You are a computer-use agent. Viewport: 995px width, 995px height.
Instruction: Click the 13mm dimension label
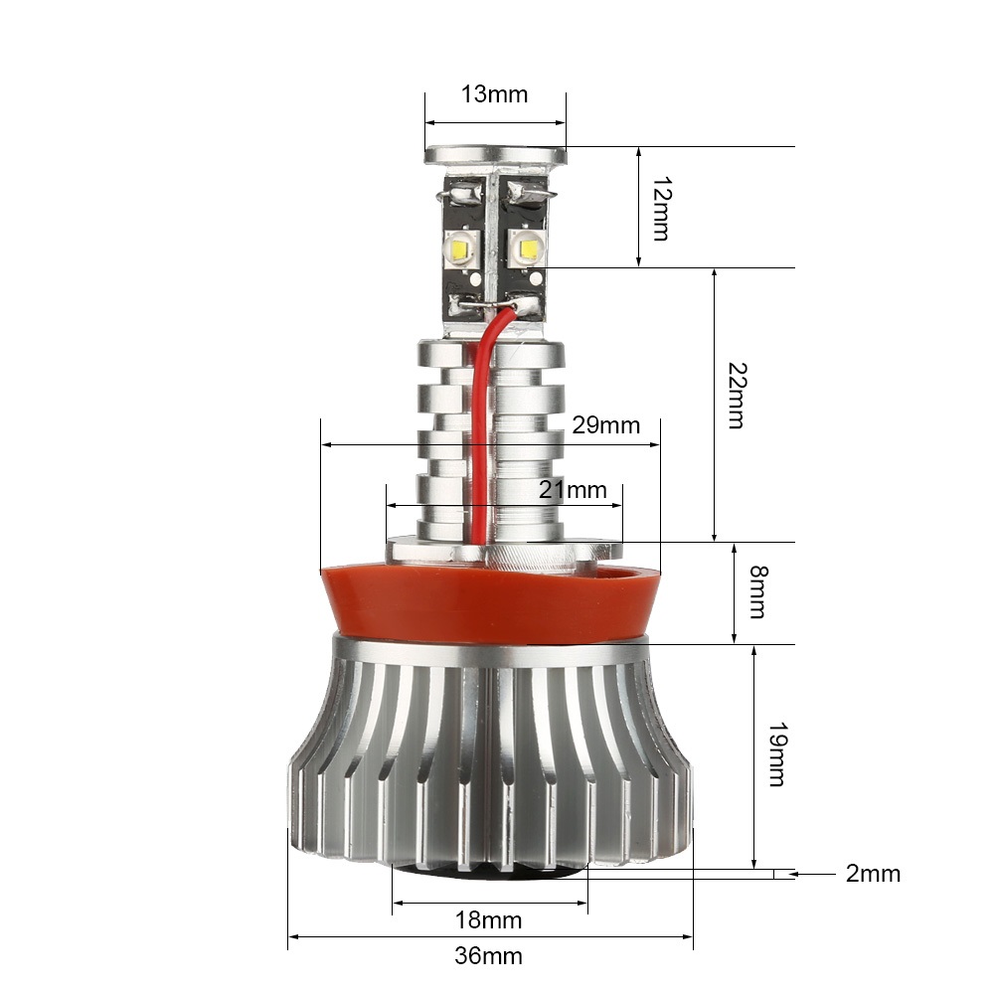tap(494, 93)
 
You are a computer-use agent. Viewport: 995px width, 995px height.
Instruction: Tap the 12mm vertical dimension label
tap(661, 209)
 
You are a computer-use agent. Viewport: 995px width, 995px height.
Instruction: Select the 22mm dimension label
tap(737, 396)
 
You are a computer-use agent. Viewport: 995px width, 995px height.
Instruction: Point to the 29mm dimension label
tap(606, 425)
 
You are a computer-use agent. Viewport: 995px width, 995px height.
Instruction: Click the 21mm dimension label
tap(573, 490)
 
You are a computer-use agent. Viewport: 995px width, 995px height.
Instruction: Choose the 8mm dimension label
tap(758, 592)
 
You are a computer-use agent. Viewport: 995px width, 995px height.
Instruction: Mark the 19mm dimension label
tap(778, 753)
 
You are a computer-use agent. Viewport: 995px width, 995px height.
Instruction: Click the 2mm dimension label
tap(873, 874)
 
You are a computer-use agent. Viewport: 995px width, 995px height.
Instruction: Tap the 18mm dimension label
tap(489, 920)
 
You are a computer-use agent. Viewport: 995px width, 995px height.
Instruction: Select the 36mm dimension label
tap(489, 956)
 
